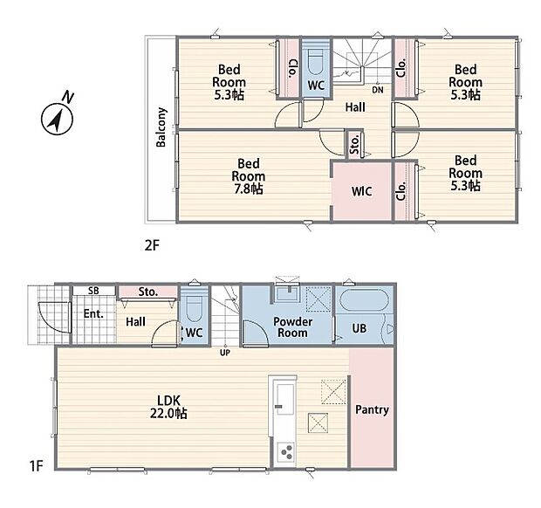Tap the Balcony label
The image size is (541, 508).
[161, 127]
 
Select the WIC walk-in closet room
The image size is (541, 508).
[361, 191]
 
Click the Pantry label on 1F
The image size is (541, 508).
[372, 409]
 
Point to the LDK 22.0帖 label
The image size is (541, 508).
[168, 407]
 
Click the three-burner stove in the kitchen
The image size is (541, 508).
[286, 452]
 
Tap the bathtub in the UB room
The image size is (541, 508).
[364, 300]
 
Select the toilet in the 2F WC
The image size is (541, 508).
[315, 62]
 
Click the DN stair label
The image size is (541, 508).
[378, 90]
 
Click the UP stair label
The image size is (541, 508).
[225, 353]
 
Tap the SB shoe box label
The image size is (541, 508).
[93, 291]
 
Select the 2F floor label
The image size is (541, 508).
[152, 245]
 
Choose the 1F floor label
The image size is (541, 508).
[36, 466]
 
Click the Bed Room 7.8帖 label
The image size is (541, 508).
[249, 176]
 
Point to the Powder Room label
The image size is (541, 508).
[292, 327]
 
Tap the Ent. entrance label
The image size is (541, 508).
[93, 313]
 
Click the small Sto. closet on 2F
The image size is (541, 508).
[354, 144]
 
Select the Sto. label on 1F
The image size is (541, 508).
[148, 292]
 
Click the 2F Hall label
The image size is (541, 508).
[355, 107]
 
